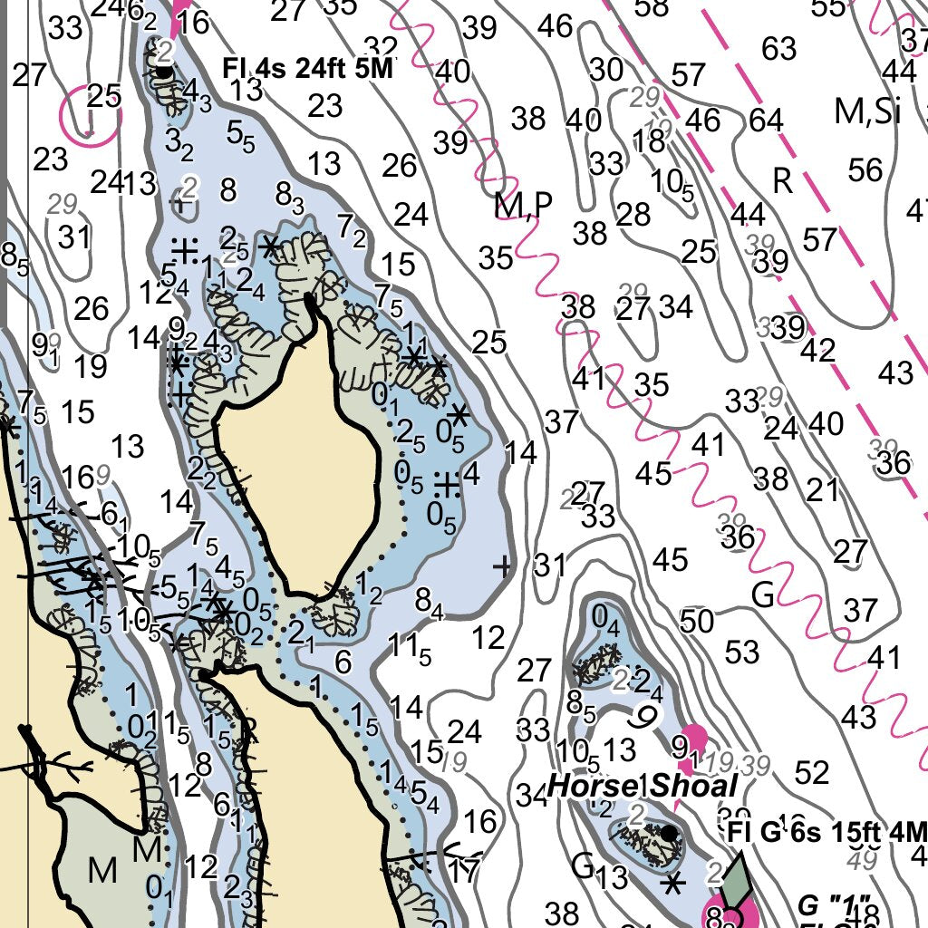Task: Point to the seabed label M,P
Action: [523, 206]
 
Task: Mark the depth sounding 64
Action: [766, 120]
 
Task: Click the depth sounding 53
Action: [741, 651]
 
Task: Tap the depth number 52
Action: [811, 772]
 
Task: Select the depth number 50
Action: [696, 622]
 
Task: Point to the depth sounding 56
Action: [865, 169]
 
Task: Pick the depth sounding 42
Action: [817, 351]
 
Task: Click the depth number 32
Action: [381, 47]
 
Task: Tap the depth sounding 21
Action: [823, 490]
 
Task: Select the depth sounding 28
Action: [633, 215]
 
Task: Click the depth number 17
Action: [463, 872]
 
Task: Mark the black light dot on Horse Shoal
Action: [669, 832]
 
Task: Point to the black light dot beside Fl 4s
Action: [163, 70]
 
